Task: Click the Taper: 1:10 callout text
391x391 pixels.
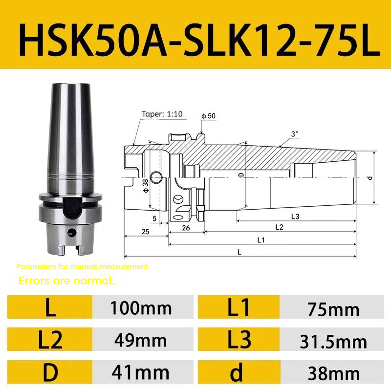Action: click(162, 114)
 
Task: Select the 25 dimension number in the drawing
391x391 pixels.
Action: click(145, 231)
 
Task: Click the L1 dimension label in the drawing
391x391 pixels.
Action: click(261, 239)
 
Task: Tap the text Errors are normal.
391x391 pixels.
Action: click(67, 281)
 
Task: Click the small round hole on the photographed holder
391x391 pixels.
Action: click(71, 232)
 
